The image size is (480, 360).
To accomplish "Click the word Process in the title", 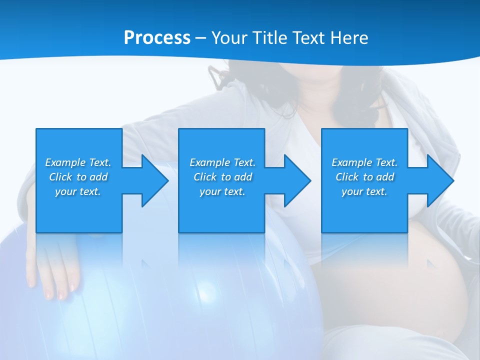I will point(157,38).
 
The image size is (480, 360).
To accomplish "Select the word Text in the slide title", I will point(308,38).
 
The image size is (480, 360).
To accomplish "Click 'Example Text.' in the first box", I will point(78,162).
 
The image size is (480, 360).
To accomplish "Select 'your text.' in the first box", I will point(78,191).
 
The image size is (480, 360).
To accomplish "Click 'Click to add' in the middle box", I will point(222,177).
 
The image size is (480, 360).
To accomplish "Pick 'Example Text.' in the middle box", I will point(222,162).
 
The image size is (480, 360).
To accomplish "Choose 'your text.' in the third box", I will point(364,191).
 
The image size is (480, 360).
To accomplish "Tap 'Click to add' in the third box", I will point(364,177).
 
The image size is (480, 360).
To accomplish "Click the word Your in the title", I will point(229,38).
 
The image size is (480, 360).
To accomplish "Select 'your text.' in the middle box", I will point(222,191).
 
